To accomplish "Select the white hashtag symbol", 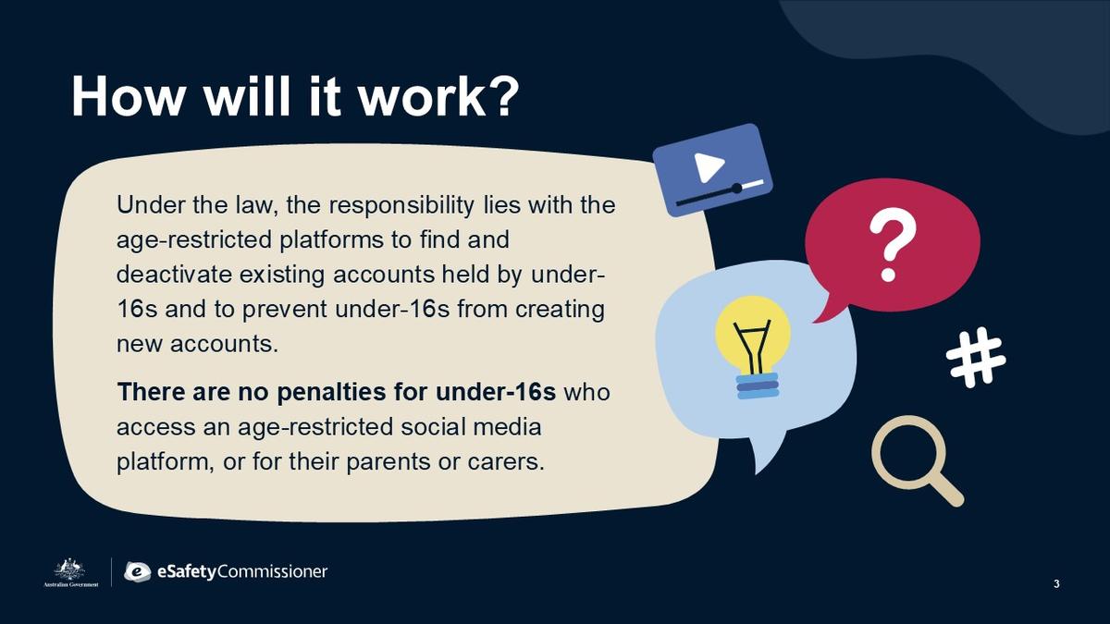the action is [976, 357].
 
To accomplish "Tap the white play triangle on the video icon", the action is [709, 167].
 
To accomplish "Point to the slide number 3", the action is [1056, 584].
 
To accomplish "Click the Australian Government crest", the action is [70, 573].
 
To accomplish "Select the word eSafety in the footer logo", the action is [187, 572].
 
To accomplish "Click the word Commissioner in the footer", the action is [273, 571].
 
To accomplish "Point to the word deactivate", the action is [174, 275].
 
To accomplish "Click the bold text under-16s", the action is [496, 392].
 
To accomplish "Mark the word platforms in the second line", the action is [331, 240].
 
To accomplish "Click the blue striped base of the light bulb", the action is [758, 386].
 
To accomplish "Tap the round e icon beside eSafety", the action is [138, 572].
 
